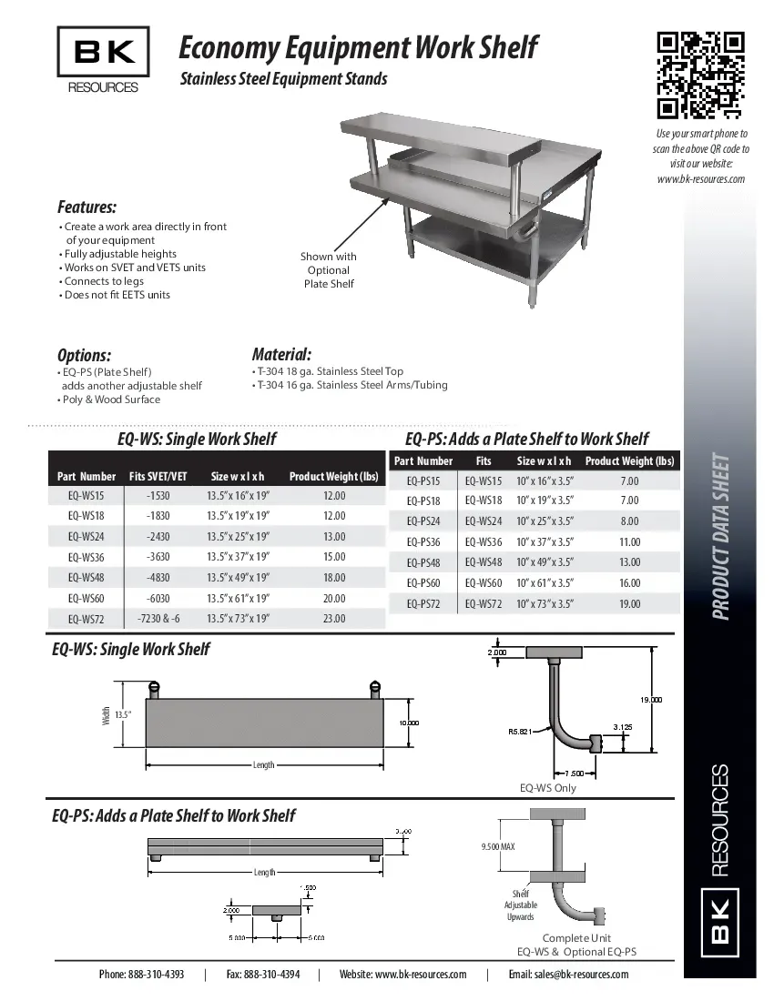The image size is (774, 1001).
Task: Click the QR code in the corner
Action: (700, 75)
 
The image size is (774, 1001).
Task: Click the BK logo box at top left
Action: (104, 52)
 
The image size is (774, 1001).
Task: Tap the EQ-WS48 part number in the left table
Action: (87, 577)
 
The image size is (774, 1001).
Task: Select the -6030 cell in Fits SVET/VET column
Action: (158, 598)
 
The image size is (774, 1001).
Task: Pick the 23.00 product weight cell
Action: (333, 619)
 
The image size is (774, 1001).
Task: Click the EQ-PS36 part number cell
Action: (423, 541)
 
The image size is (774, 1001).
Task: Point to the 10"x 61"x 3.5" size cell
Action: (545, 583)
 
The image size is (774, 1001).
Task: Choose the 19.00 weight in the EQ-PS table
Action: (629, 604)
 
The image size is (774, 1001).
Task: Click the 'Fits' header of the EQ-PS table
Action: (484, 461)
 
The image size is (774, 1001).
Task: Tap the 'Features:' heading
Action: (87, 207)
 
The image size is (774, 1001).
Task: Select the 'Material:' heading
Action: (281, 354)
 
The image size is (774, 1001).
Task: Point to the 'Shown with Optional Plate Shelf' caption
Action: (329, 270)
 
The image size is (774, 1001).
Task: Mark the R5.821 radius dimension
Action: (520, 730)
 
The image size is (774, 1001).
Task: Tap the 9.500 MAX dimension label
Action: (498, 847)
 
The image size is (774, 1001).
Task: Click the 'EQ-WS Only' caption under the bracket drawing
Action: (547, 788)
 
